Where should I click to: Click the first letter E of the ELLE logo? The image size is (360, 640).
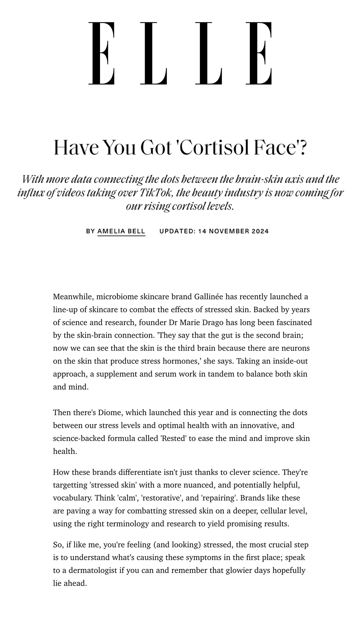click(102, 53)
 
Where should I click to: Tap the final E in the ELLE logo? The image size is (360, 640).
click(259, 53)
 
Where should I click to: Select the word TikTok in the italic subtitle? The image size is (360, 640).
click(155, 193)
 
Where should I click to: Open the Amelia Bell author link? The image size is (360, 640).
click(121, 231)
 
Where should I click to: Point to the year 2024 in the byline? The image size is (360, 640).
click(260, 231)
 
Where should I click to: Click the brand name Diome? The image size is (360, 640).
click(110, 412)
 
